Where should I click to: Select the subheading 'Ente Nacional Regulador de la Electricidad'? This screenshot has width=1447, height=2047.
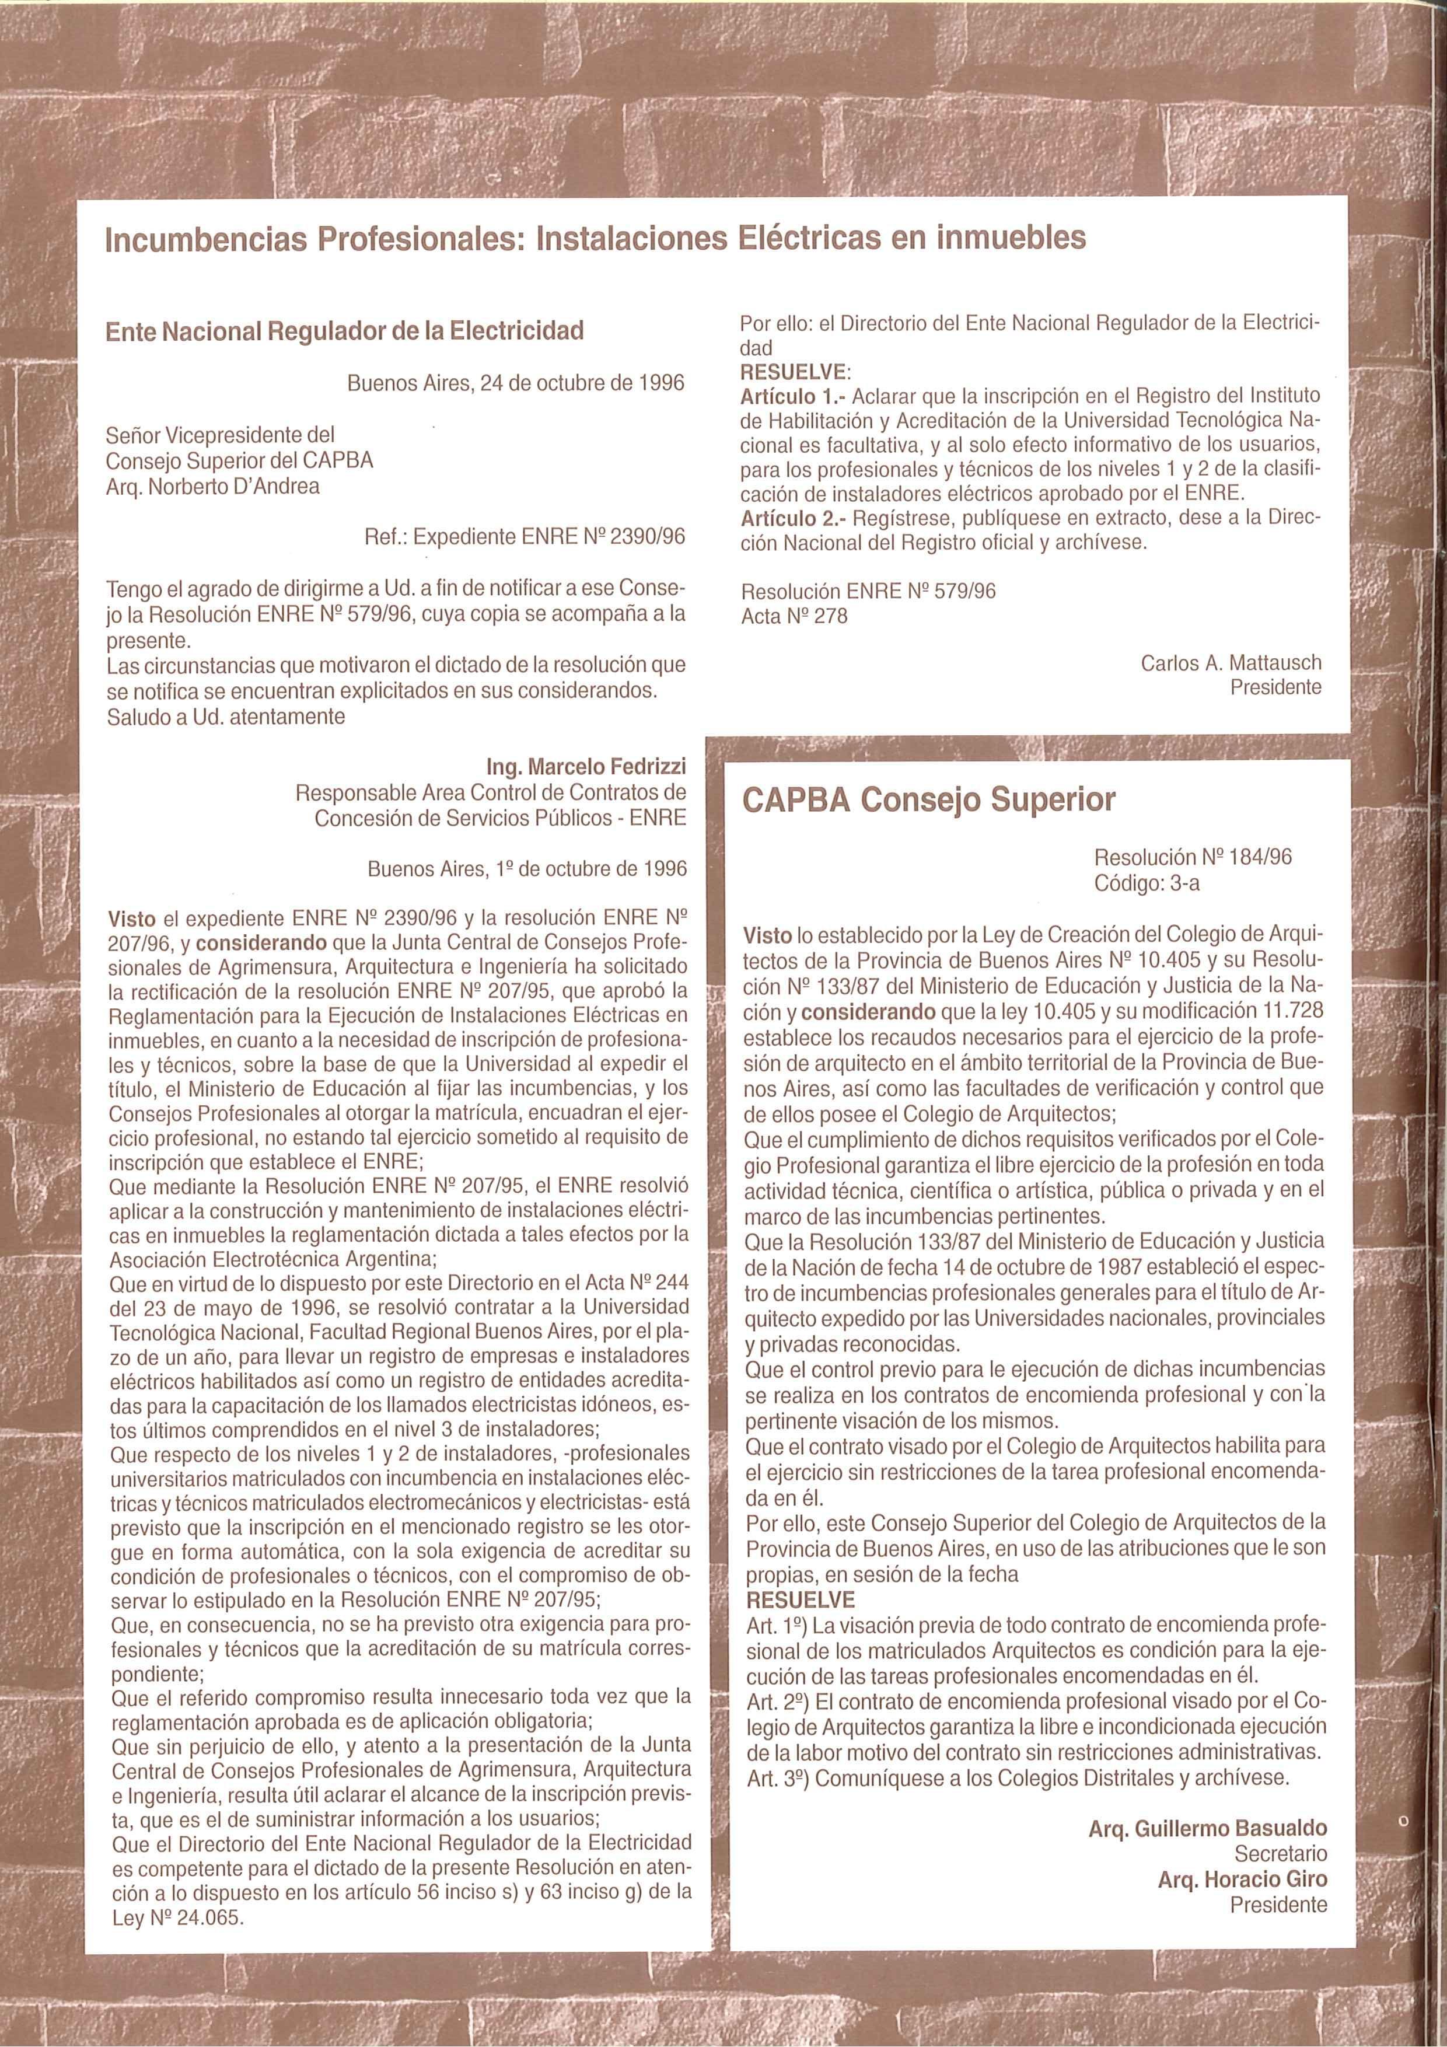pos(344,331)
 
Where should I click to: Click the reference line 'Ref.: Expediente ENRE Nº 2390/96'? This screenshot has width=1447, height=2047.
pos(525,537)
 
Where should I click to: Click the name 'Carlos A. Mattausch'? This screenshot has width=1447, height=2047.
pos(1231,663)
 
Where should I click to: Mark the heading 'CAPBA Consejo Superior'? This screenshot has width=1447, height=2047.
pos(929,800)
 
